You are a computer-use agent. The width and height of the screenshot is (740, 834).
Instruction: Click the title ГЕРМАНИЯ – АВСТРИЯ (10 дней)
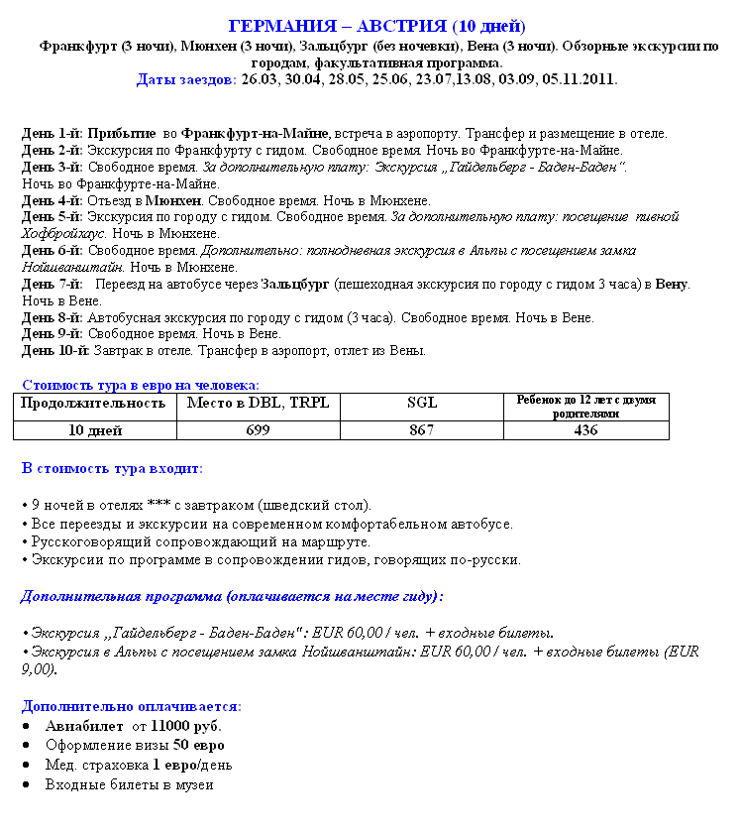click(x=376, y=26)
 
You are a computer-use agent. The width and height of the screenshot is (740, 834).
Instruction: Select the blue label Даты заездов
click(x=186, y=79)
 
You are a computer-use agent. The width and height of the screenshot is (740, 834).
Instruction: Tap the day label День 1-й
click(x=52, y=133)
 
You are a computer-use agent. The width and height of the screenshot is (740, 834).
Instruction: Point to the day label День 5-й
click(x=52, y=216)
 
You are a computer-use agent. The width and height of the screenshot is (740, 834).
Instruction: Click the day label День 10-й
click(x=55, y=350)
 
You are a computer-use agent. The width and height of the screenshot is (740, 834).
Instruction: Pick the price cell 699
click(x=258, y=430)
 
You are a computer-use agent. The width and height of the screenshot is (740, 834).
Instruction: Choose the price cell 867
click(x=421, y=430)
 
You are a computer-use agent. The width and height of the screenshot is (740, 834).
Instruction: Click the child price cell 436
click(x=585, y=430)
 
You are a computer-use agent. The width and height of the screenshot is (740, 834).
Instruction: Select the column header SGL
click(x=421, y=404)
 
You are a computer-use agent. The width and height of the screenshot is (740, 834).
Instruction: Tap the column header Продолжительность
click(x=93, y=403)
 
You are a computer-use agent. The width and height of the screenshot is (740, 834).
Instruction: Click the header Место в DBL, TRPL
click(x=259, y=403)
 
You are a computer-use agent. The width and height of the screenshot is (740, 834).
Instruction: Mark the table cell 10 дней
click(x=93, y=430)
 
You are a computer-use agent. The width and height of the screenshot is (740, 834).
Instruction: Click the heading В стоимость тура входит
click(x=112, y=467)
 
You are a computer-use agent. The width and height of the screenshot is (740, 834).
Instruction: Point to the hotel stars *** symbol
click(x=159, y=505)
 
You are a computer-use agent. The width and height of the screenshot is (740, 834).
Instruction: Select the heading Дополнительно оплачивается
click(x=131, y=706)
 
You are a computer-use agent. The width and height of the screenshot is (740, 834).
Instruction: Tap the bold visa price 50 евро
click(x=199, y=745)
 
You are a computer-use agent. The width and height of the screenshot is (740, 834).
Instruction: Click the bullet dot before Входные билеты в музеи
click(x=29, y=784)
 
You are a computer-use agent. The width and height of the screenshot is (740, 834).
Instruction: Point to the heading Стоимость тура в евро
click(x=140, y=384)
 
